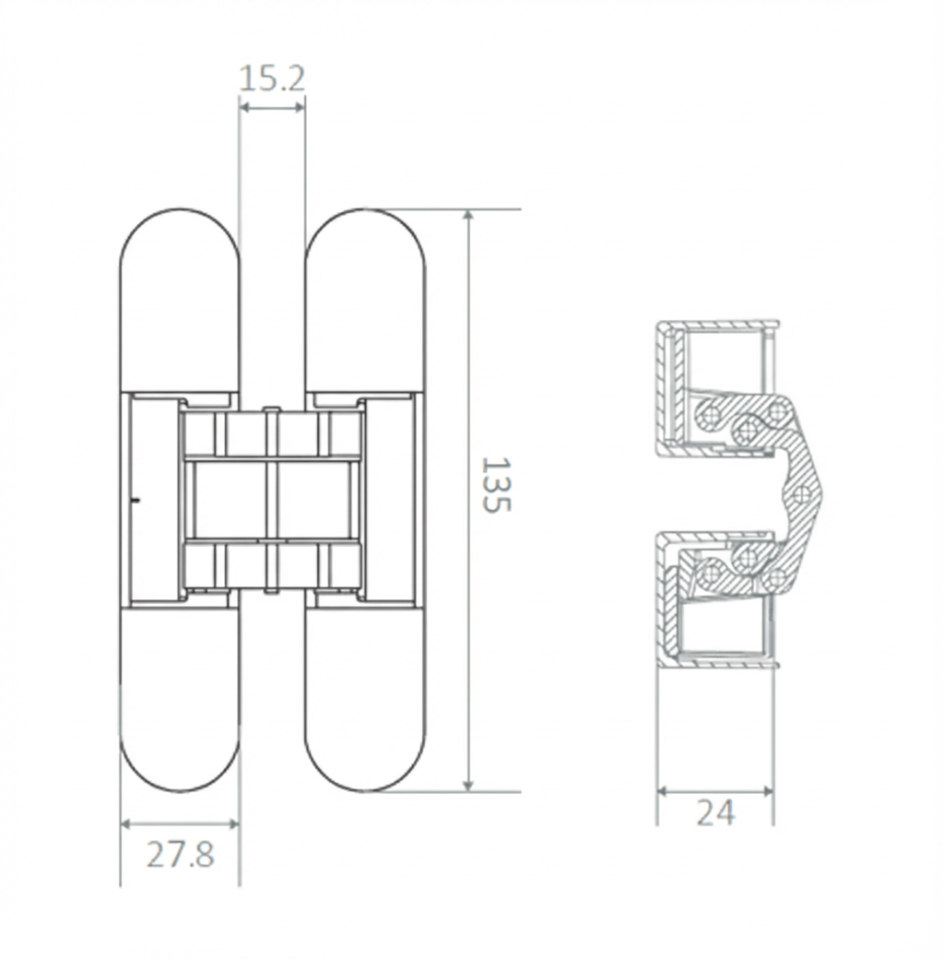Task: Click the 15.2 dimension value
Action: [271, 78]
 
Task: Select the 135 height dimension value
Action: [495, 484]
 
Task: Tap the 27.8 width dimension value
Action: [181, 854]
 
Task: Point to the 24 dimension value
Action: [714, 811]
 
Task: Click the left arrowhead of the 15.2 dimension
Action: [244, 108]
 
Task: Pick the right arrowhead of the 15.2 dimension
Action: [300, 108]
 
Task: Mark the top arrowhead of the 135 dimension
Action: [468, 216]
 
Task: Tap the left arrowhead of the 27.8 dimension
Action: [126, 823]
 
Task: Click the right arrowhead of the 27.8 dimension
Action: [233, 823]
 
